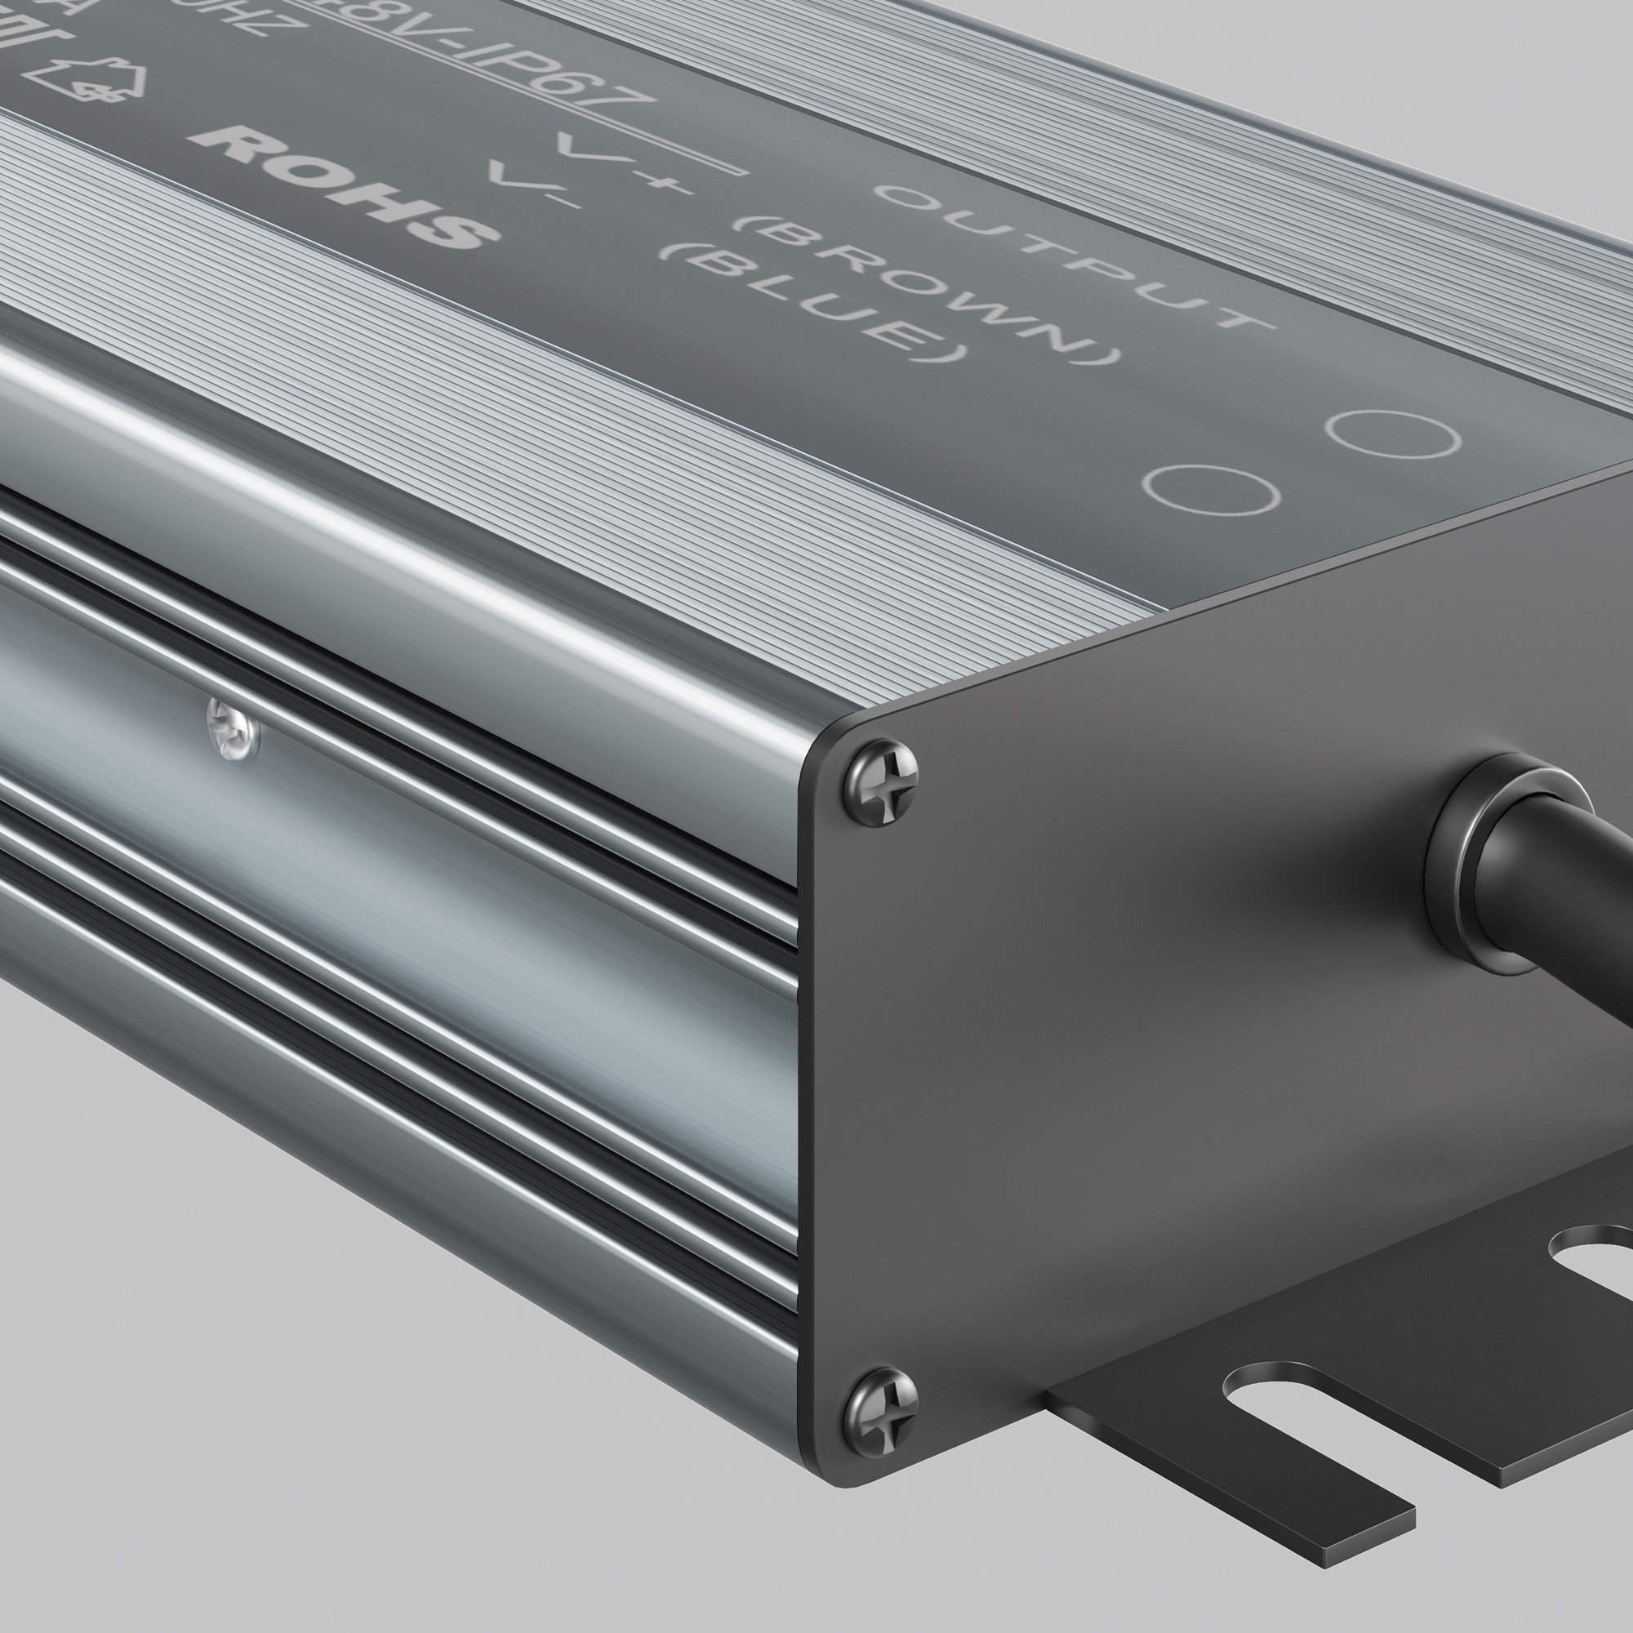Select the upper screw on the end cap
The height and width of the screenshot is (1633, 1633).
(882, 782)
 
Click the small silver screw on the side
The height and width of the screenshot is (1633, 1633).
(234, 730)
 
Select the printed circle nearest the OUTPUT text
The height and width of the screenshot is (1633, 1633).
(1392, 434)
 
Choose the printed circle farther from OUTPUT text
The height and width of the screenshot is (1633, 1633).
(1210, 488)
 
